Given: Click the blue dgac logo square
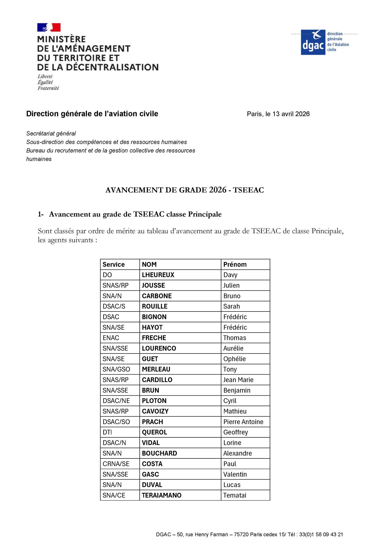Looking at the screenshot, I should click(313, 42).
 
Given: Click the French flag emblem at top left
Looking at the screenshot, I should click(49, 27).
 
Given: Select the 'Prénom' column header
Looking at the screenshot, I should click(235, 264).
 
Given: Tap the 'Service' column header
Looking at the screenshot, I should click(113, 264).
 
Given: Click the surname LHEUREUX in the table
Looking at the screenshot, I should click(158, 275).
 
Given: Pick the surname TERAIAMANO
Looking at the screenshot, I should click(162, 495).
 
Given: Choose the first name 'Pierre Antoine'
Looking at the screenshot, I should click(243, 422).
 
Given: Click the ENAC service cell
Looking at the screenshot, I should click(111, 338).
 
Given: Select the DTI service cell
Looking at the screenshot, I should click(107, 432).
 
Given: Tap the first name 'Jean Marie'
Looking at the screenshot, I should click(238, 380).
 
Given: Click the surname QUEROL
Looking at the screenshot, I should click(154, 432).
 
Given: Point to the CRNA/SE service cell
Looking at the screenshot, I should click(116, 464).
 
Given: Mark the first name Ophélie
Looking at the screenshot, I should click(234, 359).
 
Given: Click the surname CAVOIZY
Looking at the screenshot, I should click(155, 411).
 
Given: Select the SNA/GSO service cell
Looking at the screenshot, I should click(116, 369).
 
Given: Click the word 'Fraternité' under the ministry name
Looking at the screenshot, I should click(48, 88).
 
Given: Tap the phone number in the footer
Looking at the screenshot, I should click(321, 534).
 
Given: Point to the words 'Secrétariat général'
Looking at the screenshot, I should click(51, 134).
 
